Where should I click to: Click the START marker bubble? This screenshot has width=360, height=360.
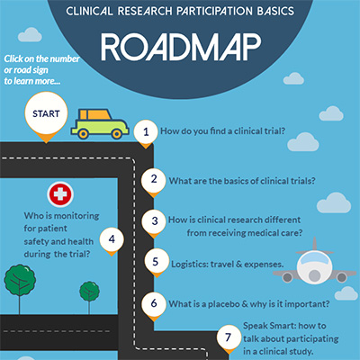[46, 114]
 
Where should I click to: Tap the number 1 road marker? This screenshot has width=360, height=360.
[146, 132]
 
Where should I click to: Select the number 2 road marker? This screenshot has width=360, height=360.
[154, 180]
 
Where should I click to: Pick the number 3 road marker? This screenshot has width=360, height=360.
[154, 221]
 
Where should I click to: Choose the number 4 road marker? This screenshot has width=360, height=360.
[112, 239]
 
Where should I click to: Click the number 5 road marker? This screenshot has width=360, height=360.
[156, 261]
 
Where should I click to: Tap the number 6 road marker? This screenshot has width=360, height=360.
[154, 303]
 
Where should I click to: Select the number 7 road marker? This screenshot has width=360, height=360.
[229, 337]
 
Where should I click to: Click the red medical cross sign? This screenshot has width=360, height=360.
[60, 194]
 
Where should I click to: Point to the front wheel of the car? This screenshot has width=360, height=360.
[116, 133]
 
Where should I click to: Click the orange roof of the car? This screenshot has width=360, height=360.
[94, 114]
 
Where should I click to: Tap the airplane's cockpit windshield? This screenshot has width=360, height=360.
[314, 258]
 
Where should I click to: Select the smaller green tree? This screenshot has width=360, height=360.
[89, 292]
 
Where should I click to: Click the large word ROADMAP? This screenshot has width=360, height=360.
[181, 48]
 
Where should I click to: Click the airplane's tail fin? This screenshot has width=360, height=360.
[314, 244]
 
